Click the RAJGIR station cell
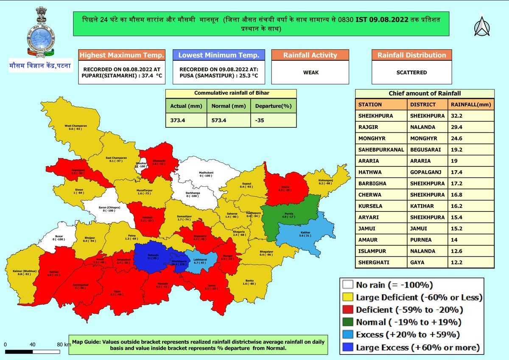click(x=368, y=126)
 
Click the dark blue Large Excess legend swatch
click(x=347, y=348)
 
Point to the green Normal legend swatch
click(x=347, y=322)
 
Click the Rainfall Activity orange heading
click(x=310, y=55)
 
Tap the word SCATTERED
click(x=411, y=73)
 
